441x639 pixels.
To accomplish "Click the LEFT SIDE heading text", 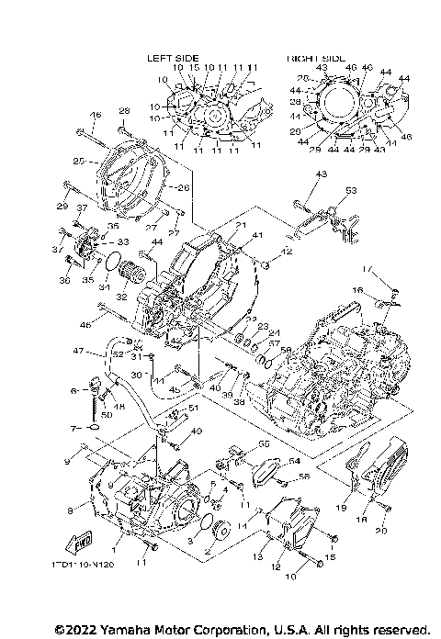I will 173,58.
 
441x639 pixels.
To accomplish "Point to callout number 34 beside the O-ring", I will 104,286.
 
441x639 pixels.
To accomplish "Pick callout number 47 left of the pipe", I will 79,352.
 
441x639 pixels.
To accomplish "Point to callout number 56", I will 304,477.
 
